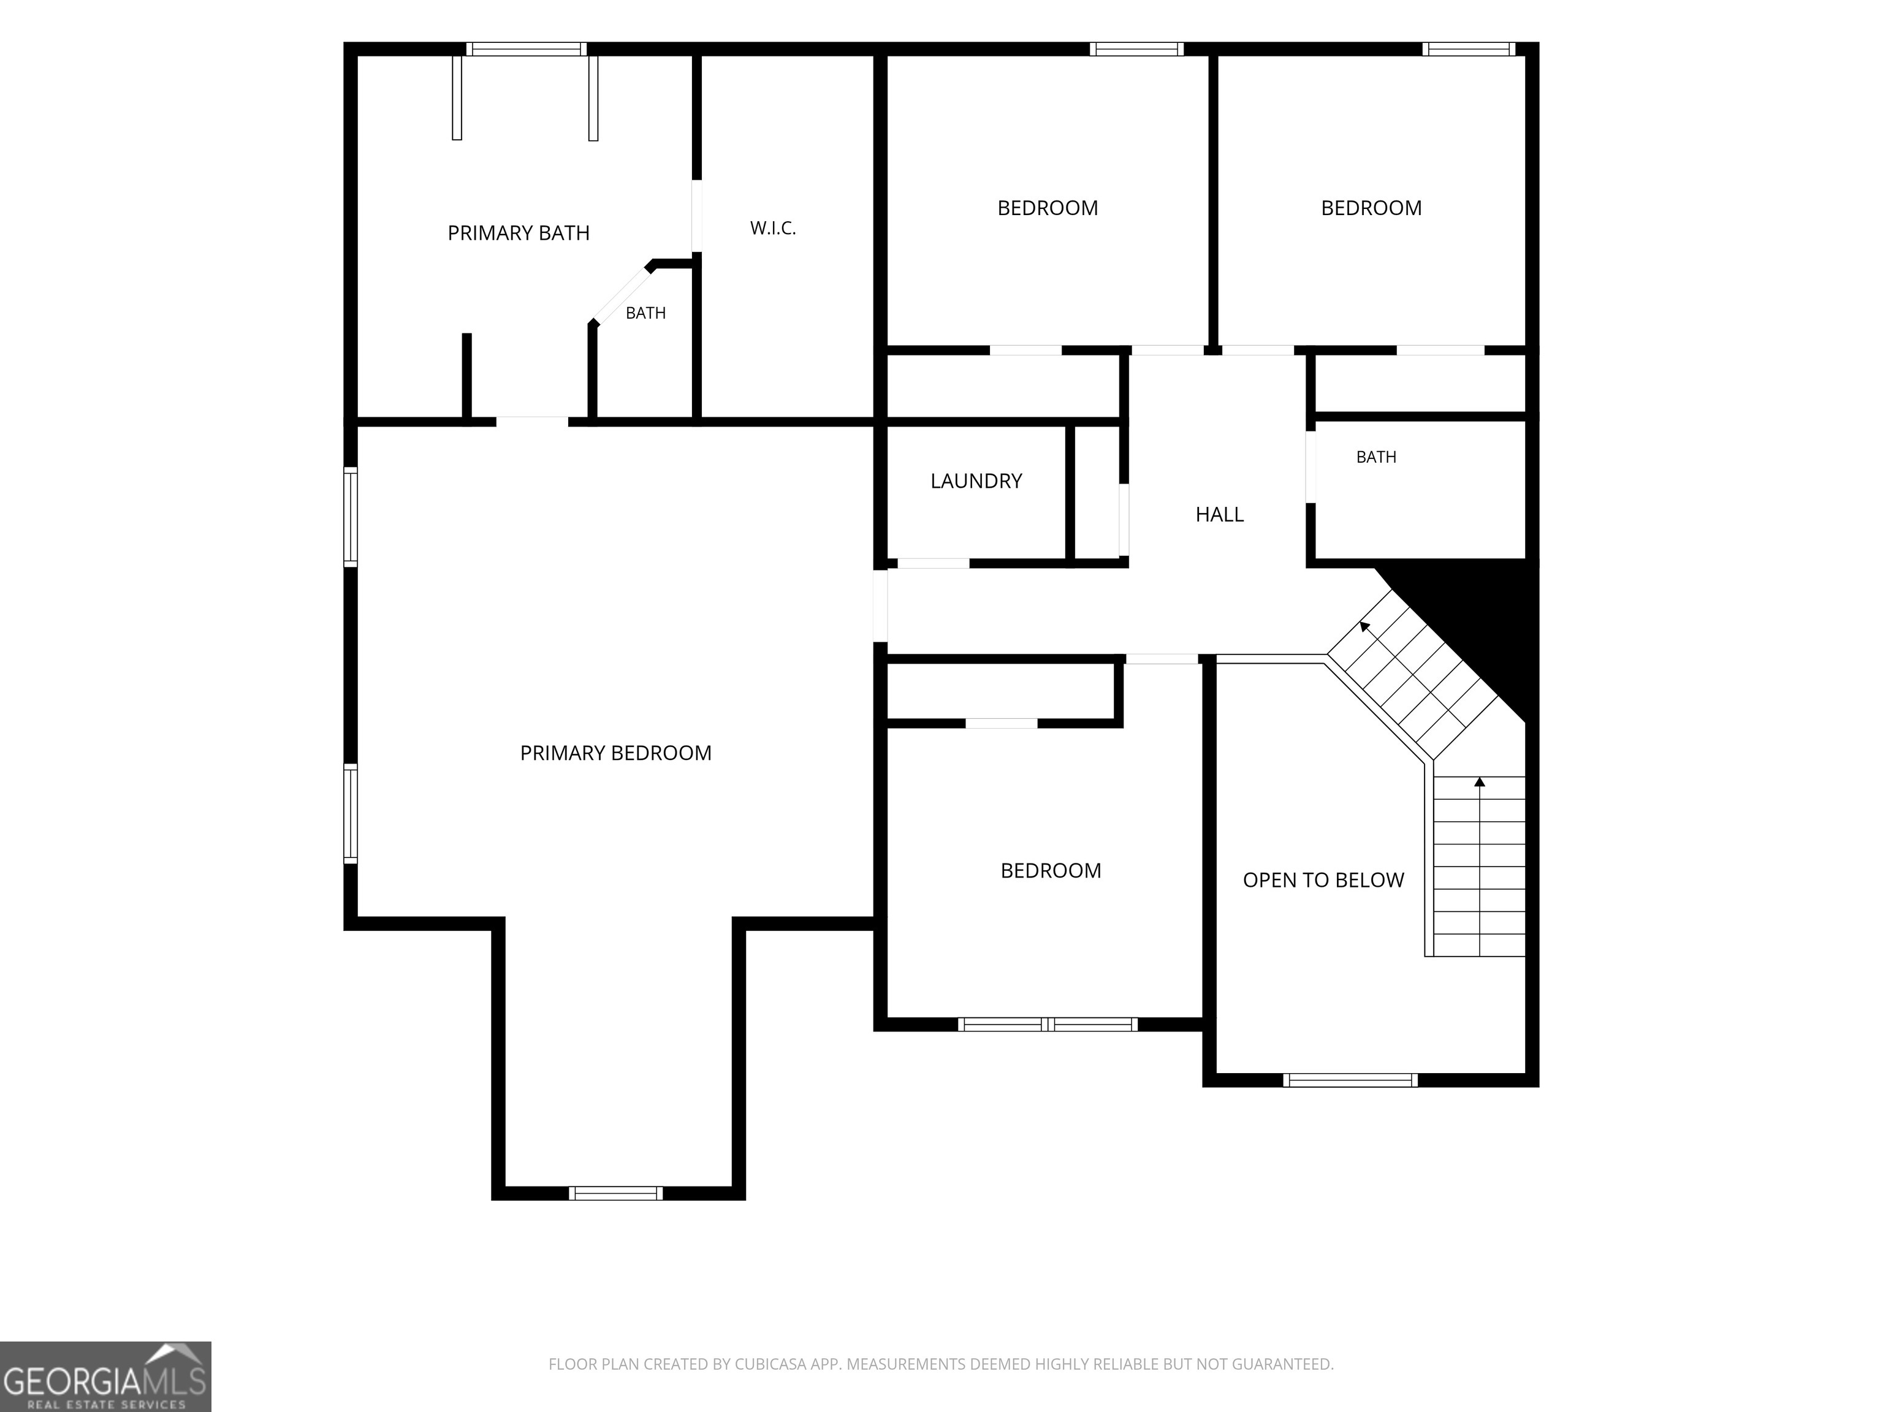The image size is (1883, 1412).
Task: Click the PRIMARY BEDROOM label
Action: pos(615,753)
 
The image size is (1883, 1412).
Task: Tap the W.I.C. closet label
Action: pos(773,228)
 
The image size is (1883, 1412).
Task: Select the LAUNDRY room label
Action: pos(976,481)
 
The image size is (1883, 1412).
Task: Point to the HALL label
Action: pos(1219,514)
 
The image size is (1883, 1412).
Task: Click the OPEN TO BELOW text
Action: pos(1323,880)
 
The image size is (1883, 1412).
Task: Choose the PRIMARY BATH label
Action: pos(519,233)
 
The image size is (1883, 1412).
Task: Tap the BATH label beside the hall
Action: pos(1375,457)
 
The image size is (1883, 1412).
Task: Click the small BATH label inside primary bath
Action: pos(645,313)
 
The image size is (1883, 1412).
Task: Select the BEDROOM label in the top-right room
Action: pos(1371,208)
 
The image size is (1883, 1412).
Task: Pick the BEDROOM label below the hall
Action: pos(1051,871)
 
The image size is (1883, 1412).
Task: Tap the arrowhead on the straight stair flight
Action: pos(1480,781)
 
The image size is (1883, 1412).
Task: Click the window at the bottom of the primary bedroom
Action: pos(615,1193)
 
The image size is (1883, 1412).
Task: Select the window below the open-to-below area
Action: pos(1350,1080)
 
